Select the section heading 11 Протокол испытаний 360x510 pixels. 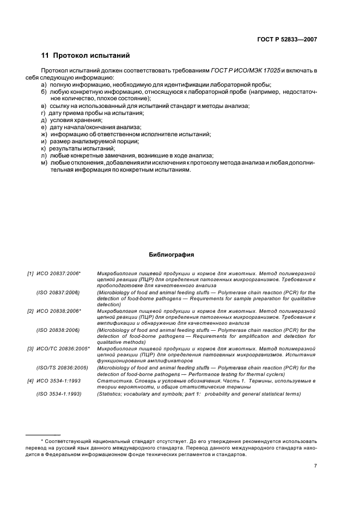85,56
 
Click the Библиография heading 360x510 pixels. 171,254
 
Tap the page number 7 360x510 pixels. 315,466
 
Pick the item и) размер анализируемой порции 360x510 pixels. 86,141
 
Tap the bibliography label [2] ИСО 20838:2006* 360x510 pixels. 54,311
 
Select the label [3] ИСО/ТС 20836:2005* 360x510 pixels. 59,348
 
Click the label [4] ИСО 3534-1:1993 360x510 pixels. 54,380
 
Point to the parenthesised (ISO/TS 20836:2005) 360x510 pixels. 60,368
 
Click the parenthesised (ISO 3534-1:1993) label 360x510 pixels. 59,393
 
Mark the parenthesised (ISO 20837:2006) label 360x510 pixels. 58,293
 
